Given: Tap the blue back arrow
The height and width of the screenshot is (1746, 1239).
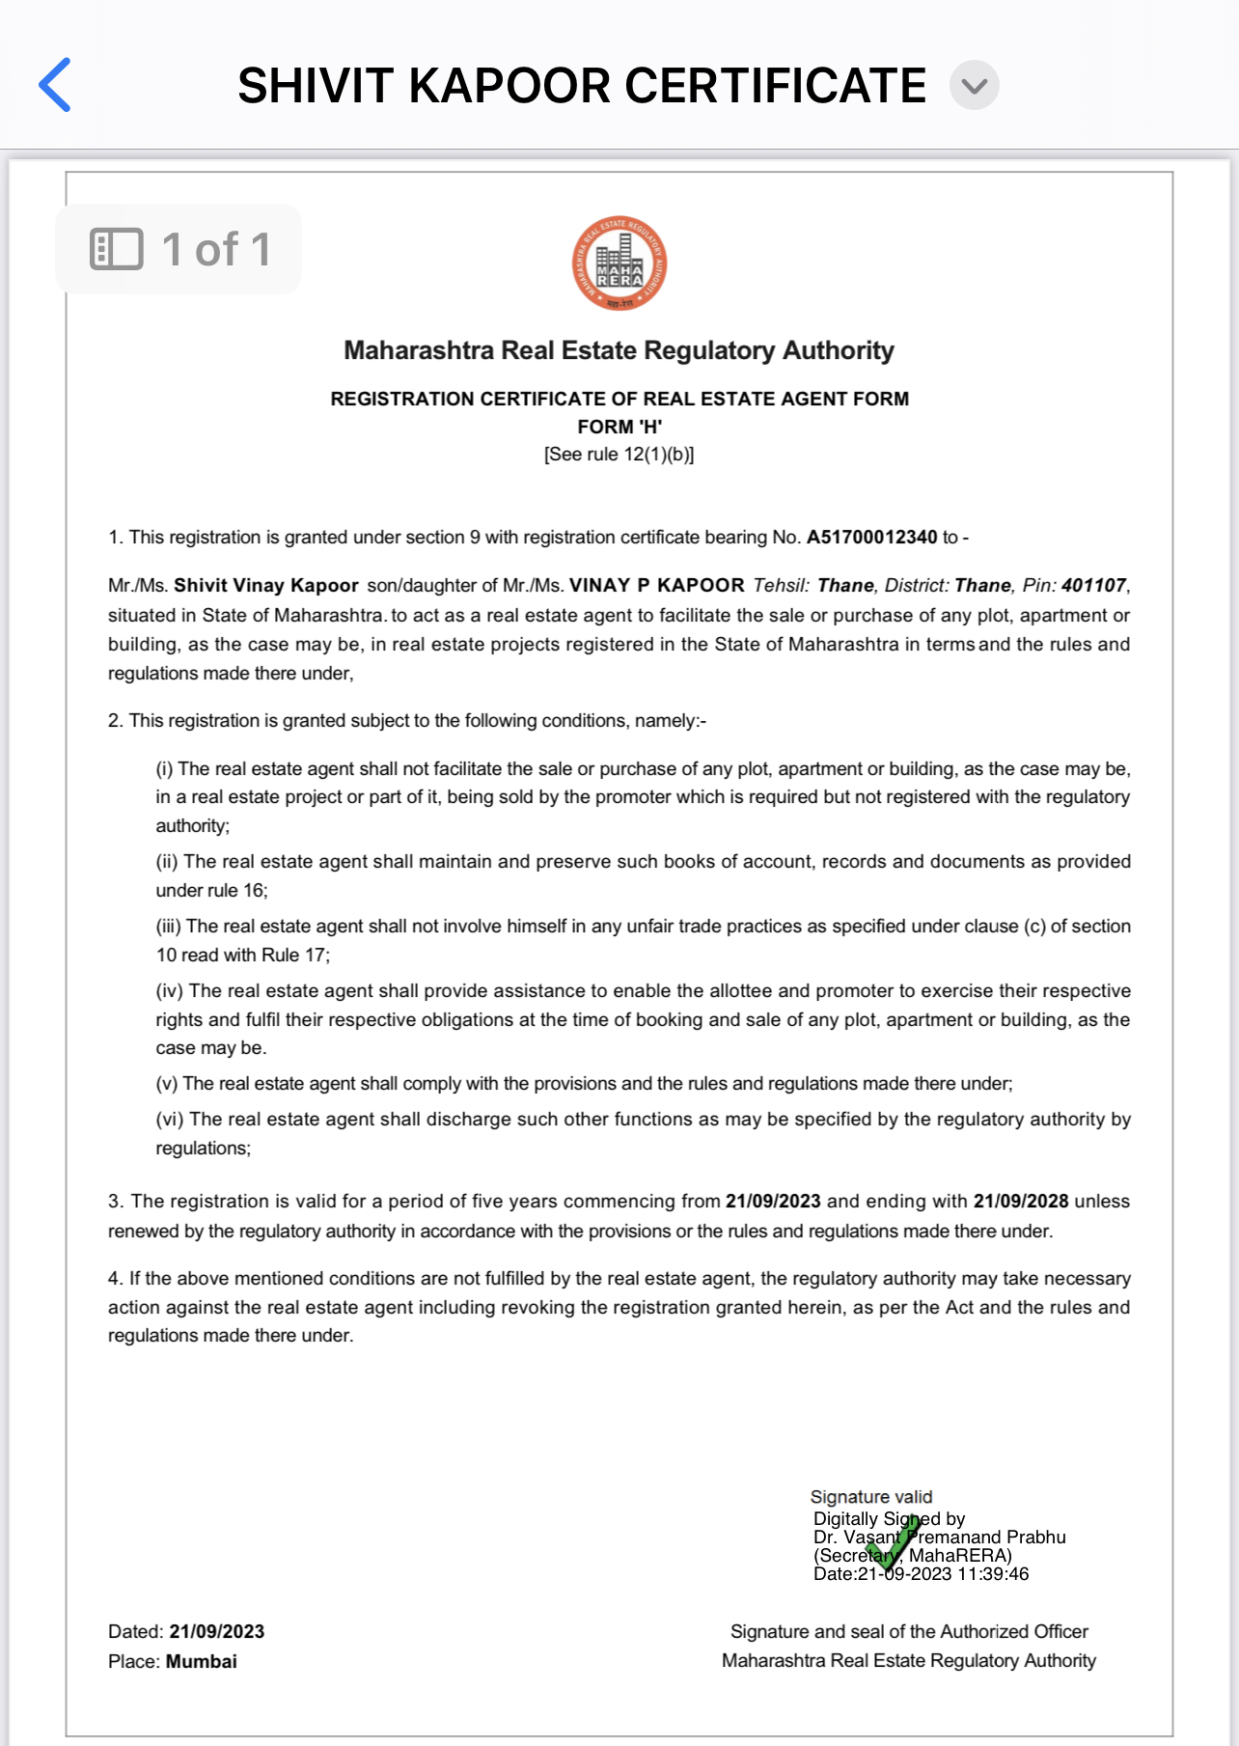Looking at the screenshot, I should [55, 85].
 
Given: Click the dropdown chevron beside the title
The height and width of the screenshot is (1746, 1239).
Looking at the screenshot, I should [974, 86].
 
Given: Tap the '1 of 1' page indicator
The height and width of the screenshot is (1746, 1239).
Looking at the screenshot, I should [179, 249].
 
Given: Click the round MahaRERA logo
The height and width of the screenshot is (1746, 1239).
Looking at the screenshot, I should [619, 263].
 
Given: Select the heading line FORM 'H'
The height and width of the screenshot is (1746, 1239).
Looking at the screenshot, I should [619, 427].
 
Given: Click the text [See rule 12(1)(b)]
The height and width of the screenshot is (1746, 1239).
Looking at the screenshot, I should [619, 455].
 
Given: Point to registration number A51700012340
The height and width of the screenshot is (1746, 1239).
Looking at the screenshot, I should [871, 538].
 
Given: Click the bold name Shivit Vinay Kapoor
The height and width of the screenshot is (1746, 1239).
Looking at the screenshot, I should [265, 586].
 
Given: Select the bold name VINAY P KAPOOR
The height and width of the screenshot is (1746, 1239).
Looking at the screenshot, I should [656, 586].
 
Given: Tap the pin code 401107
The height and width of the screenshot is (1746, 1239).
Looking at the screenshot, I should [1093, 586].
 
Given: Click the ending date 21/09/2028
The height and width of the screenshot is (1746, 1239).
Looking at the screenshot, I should [1020, 1202].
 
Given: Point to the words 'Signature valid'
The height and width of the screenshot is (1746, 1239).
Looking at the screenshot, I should [871, 1497].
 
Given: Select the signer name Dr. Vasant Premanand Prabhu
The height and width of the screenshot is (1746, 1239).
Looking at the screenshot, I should [939, 1538].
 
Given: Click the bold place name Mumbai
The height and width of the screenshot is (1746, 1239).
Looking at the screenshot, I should [201, 1662].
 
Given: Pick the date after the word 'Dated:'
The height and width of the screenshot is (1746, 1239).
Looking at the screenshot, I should [216, 1632].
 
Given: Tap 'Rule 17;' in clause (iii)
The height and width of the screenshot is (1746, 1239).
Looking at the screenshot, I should [295, 956].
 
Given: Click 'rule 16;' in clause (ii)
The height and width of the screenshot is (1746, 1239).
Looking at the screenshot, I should [238, 891].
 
